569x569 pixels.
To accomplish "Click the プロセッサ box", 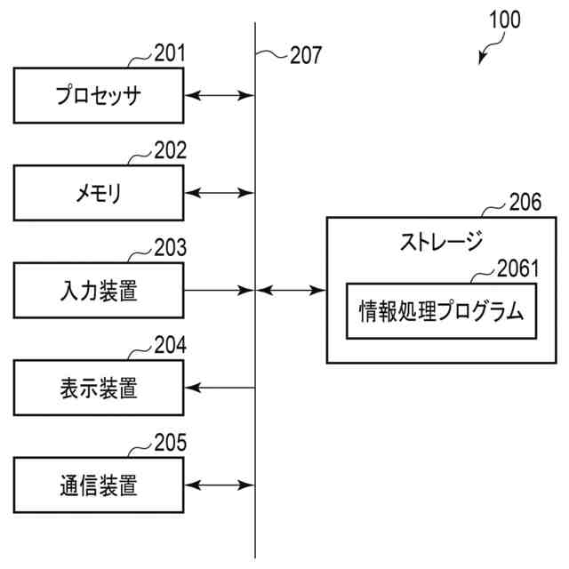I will [x=99, y=94].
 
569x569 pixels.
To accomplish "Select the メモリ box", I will [x=99, y=193].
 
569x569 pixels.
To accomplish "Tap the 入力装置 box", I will [x=99, y=290].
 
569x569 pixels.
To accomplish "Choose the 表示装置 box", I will [x=99, y=388].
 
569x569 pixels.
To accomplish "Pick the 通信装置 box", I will [x=99, y=485].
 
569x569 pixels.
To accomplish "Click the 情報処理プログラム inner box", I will [x=441, y=311].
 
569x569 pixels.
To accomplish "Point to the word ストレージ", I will [x=440, y=241].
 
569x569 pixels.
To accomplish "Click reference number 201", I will [x=170, y=53].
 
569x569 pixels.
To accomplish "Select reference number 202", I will [x=170, y=151].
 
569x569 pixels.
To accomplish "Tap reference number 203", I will [x=170, y=248].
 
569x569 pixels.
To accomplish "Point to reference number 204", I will [x=170, y=346].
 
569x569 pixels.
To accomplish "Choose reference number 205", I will [x=170, y=443].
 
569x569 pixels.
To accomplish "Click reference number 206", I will [x=525, y=203].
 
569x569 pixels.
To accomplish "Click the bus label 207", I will [x=305, y=55].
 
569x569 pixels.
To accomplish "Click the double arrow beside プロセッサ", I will [x=219, y=94].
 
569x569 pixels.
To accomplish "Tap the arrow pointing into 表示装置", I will [x=219, y=388].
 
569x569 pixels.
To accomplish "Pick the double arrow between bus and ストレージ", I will [x=291, y=290].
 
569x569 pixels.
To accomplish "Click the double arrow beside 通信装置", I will [x=219, y=485].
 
